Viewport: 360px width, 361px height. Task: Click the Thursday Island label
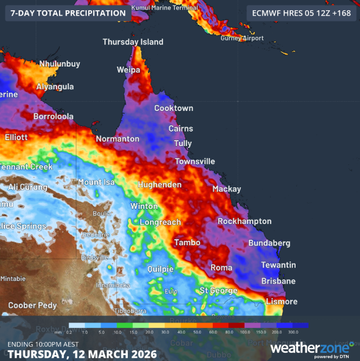(133, 42)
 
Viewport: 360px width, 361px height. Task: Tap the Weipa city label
(128, 70)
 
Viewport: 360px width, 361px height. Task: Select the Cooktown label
(173, 108)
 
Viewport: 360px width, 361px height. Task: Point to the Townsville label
(194, 161)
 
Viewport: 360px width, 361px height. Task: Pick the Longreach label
(161, 222)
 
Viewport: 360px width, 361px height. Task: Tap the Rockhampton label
(244, 221)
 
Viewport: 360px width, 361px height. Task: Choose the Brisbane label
(278, 281)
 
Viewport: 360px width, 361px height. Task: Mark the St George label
(218, 291)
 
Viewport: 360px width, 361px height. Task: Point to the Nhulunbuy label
(60, 64)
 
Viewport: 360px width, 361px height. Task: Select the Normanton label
(117, 139)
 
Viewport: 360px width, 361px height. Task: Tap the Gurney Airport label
(243, 38)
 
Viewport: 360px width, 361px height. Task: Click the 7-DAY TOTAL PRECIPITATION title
(68, 12)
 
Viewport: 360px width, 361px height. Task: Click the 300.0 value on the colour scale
(293, 332)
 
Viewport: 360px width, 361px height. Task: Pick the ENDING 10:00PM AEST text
(43, 344)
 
